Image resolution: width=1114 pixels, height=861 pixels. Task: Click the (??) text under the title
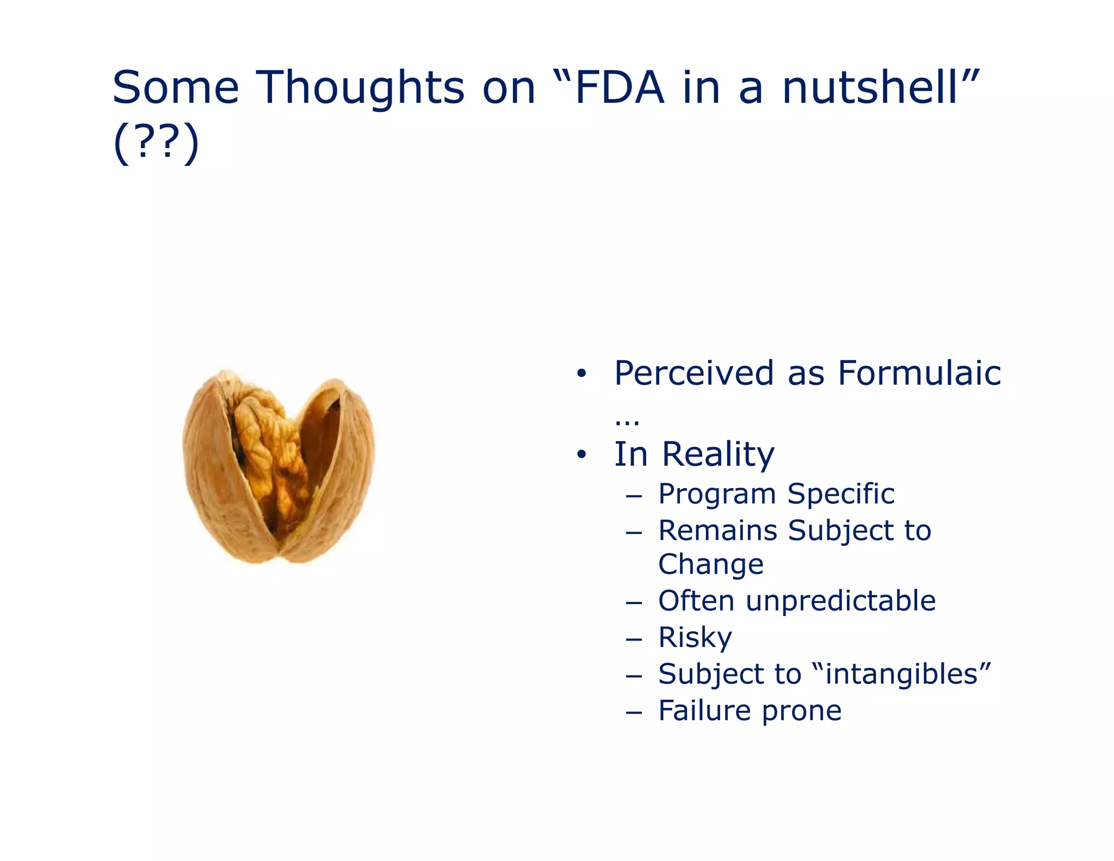pos(156,143)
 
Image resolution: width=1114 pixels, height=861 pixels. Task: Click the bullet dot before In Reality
pos(581,454)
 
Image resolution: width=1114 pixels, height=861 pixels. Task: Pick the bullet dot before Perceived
pos(581,374)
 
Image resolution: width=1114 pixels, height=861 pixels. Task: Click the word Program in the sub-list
pos(717,495)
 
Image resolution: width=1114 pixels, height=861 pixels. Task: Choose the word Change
pos(710,564)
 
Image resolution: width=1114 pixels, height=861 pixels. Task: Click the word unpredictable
pos(840,601)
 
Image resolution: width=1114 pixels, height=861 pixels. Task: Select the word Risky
pos(695,637)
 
